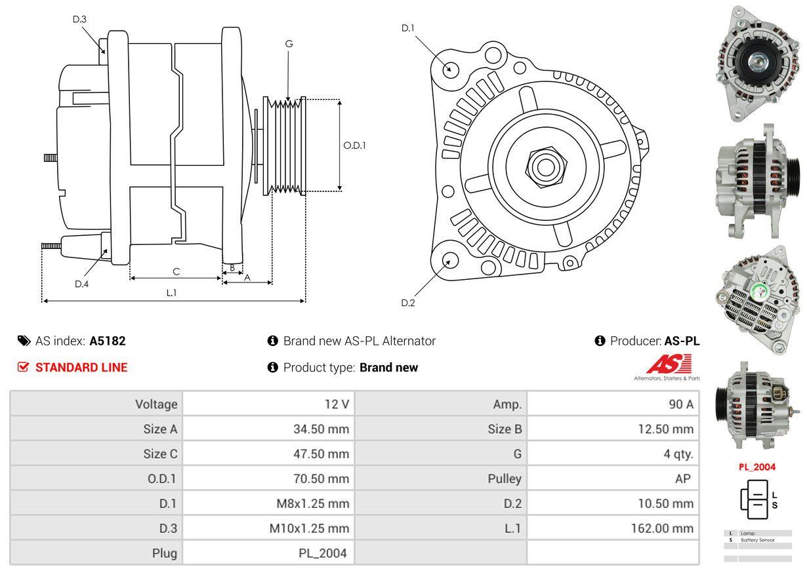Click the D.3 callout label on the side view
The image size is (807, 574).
(x=79, y=19)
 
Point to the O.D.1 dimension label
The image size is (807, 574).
(x=355, y=145)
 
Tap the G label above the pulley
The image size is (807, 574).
(x=289, y=44)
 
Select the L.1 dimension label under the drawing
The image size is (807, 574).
(x=171, y=293)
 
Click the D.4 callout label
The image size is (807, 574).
(x=81, y=284)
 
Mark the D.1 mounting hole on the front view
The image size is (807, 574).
(x=450, y=68)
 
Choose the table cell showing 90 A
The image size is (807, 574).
(x=680, y=404)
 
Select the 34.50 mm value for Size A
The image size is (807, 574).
(x=321, y=429)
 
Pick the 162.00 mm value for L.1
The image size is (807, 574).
(x=663, y=528)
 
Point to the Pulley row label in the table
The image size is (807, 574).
(x=505, y=478)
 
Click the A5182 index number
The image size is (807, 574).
(x=108, y=341)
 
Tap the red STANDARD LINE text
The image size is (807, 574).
(x=81, y=368)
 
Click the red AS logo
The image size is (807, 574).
(x=669, y=364)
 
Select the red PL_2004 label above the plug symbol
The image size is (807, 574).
(x=756, y=467)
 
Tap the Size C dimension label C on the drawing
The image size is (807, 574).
(x=176, y=271)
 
